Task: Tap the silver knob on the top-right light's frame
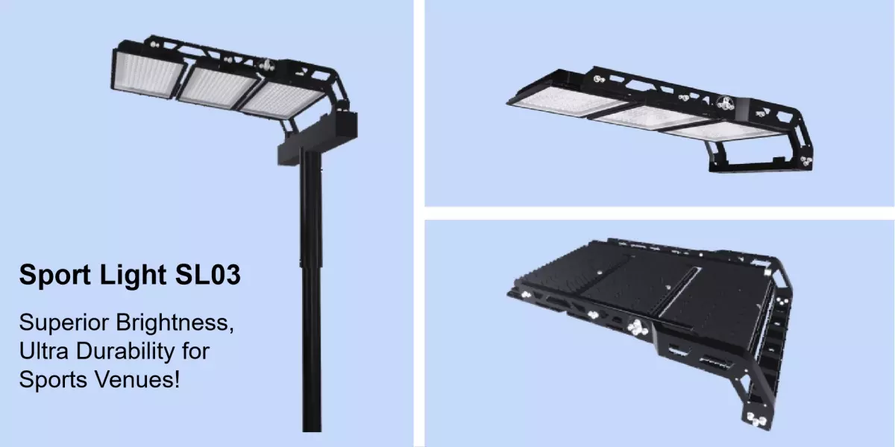coord(725,103)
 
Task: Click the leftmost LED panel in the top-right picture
coord(556,101)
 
